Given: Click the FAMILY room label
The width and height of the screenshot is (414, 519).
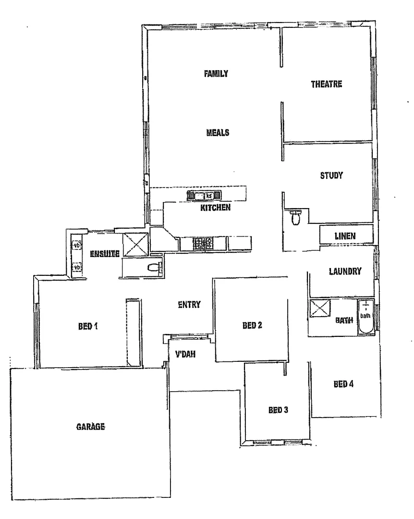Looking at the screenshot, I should pyautogui.click(x=216, y=74).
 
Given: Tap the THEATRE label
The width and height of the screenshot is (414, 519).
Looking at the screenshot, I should pyautogui.click(x=326, y=84).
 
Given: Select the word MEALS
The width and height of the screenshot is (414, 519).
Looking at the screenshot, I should pyautogui.click(x=218, y=133).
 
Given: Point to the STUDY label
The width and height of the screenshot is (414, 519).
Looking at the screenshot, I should pyautogui.click(x=331, y=175).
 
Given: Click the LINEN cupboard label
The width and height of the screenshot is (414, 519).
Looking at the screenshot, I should pyautogui.click(x=345, y=236).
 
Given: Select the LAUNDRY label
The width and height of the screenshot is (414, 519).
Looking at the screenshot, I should pyautogui.click(x=345, y=272).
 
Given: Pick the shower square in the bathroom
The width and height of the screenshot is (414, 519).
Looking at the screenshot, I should pyautogui.click(x=318, y=309).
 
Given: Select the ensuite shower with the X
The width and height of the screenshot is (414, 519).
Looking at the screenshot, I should pyautogui.click(x=135, y=244).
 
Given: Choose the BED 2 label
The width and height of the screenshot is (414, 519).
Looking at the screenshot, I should pyautogui.click(x=252, y=325).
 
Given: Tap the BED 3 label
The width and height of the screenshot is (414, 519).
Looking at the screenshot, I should pyautogui.click(x=278, y=410).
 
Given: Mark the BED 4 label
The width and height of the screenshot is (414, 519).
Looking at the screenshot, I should pyautogui.click(x=344, y=384).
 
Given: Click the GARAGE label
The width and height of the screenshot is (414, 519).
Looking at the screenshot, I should pyautogui.click(x=90, y=426).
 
